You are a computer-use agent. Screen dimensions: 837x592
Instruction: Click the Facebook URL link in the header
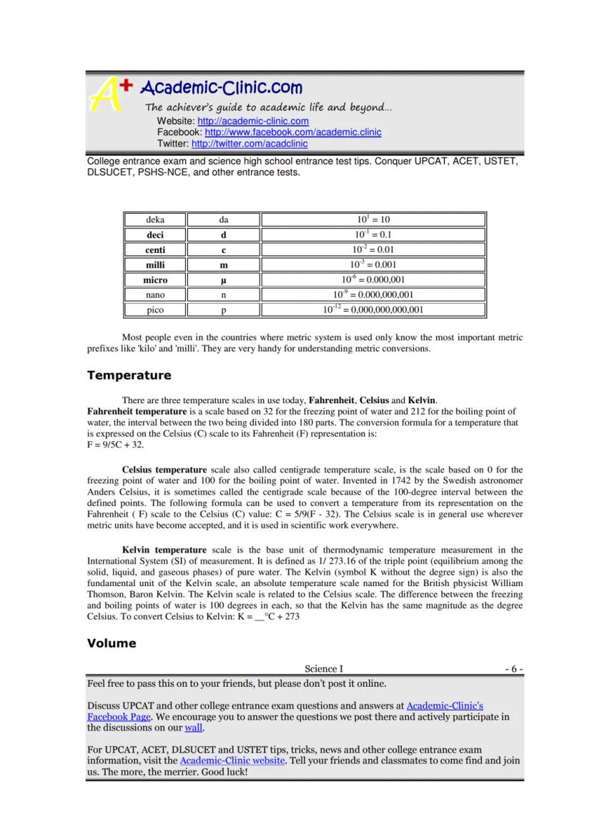[x=293, y=132]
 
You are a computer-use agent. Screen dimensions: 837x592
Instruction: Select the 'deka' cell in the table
[x=155, y=219]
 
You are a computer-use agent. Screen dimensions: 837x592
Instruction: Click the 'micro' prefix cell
[x=155, y=279]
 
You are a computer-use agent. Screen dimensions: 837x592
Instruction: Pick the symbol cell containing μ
[x=224, y=279]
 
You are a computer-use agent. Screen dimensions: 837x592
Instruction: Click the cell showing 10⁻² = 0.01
[x=373, y=249]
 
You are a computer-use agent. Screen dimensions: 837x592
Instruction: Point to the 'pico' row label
[x=155, y=310]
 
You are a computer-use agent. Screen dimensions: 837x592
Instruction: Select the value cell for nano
[x=373, y=294]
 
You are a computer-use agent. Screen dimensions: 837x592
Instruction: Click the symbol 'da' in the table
[x=224, y=219]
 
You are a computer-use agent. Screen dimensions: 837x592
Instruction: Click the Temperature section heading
[x=129, y=375]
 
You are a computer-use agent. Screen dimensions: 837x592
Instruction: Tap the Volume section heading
[x=112, y=643]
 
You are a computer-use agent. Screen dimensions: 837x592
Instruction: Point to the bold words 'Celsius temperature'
[x=164, y=470]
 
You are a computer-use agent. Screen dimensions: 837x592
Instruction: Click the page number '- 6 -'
[x=514, y=669]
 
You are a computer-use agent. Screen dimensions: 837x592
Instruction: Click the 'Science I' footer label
[x=323, y=669]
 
